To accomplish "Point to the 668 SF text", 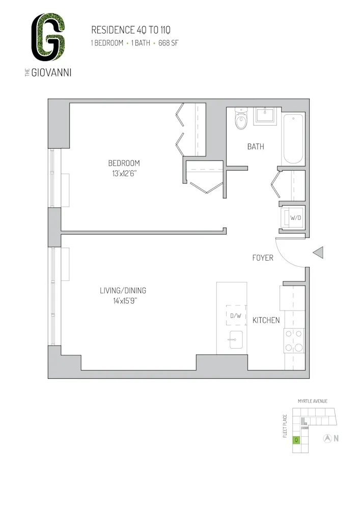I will pos(169,43).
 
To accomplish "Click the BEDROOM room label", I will pos(124,163).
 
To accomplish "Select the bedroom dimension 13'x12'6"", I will pos(124,173).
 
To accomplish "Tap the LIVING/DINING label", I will pos(123,291).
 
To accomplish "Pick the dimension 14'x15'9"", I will pos(123,301).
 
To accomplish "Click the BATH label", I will pos(256,147).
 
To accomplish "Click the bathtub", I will pos(293,138).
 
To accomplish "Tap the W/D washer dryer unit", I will pos(294,218).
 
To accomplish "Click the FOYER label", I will pos(263,258).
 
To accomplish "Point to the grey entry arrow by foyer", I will pos(318,252).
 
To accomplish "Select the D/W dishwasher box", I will pos(236,316).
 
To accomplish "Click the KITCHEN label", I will pos(266,320).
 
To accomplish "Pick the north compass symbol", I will pos(328,438).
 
